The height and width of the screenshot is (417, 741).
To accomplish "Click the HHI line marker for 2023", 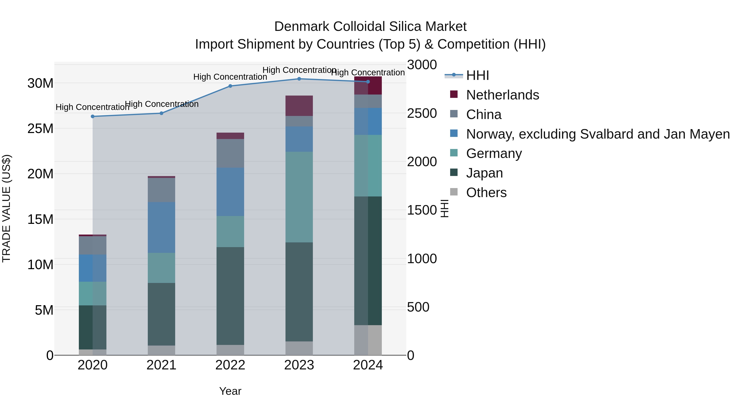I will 299,79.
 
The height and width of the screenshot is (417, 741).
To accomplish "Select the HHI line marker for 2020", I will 93,117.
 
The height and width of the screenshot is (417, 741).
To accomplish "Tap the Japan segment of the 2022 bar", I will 230,296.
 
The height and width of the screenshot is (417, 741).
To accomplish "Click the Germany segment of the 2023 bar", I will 299,197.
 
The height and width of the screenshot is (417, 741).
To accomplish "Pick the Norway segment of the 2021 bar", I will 161,228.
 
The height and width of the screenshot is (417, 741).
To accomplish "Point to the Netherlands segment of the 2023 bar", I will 299,106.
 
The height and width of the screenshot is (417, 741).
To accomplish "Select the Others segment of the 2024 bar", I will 368,340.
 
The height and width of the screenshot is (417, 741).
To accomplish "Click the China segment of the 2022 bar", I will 230,153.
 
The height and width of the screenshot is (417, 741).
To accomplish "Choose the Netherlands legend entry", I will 502,95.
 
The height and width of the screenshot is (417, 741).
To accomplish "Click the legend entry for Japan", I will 484,173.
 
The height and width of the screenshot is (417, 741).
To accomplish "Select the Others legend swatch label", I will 486,193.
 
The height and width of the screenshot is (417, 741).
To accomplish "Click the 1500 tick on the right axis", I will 422,210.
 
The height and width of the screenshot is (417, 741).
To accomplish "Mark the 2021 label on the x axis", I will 161,365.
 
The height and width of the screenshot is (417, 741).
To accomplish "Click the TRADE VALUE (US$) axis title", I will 6,208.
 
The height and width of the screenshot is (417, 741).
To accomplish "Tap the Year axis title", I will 230,391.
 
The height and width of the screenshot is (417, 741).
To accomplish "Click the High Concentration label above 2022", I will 230,77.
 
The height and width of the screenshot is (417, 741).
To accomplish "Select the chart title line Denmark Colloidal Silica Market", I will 370,27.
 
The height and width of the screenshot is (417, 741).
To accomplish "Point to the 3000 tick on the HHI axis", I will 422,65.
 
